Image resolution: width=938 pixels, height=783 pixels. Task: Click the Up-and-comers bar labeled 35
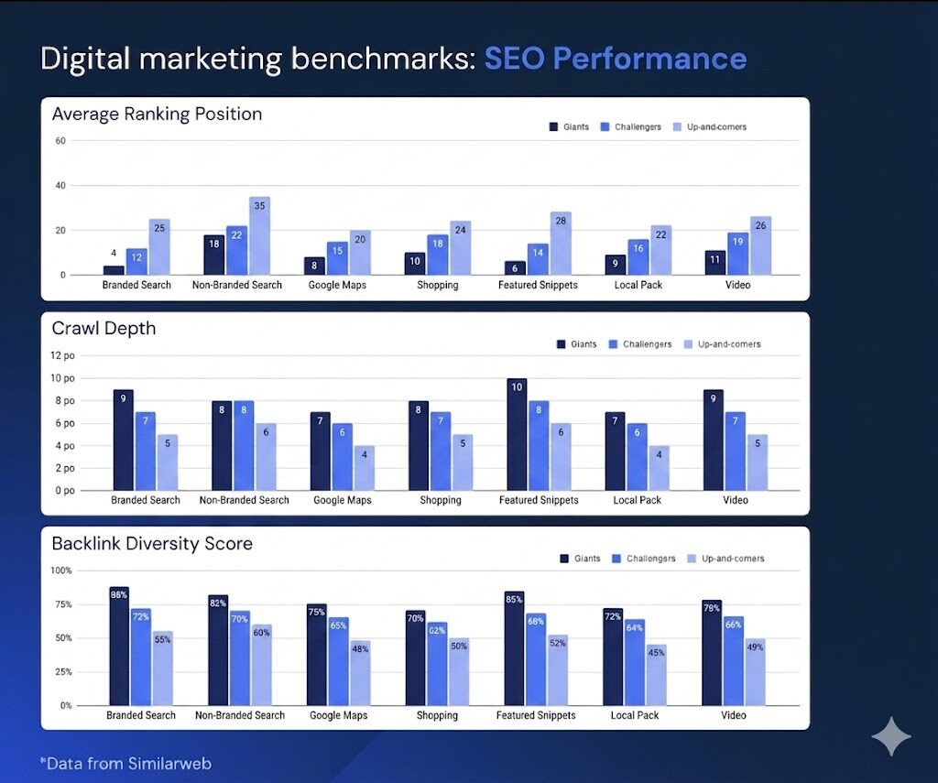point(259,235)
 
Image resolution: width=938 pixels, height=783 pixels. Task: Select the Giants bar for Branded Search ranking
point(114,270)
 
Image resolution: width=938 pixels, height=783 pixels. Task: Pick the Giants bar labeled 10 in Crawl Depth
point(517,435)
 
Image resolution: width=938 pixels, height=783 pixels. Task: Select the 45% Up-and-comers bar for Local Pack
point(656,675)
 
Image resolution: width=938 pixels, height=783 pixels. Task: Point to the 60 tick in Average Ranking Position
point(60,141)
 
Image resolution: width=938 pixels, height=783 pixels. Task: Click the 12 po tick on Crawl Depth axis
point(62,355)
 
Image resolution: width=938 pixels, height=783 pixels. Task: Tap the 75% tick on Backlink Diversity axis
point(61,604)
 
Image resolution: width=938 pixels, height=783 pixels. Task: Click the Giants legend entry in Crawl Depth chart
point(576,344)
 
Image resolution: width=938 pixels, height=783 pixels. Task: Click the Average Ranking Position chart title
point(157,114)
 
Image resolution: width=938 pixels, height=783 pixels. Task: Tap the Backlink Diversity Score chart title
point(152,544)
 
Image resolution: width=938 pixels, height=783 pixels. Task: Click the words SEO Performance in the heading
point(615,60)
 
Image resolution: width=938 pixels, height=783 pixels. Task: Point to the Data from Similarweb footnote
point(125,763)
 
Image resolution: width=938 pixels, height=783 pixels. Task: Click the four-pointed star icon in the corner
point(890,736)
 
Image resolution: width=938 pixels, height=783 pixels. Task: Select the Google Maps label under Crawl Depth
point(342,501)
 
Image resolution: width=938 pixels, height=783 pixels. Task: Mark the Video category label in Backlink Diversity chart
point(734,715)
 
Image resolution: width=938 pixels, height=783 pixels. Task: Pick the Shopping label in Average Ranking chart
point(438,285)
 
